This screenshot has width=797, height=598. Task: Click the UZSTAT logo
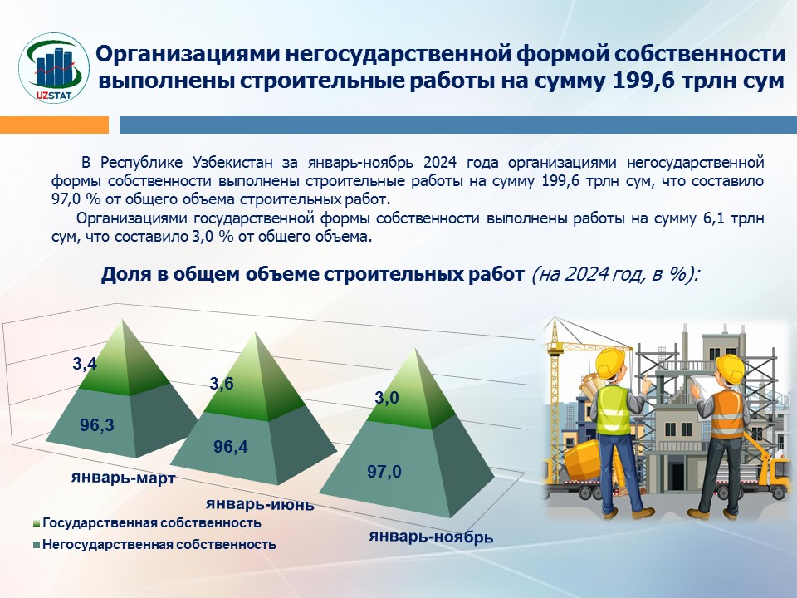coord(54,68)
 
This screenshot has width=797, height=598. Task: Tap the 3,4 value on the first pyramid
coord(85,364)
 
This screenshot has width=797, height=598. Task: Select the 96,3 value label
coord(97,424)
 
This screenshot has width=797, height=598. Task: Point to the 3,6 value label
coord(222,383)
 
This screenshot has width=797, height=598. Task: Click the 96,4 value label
coord(231,447)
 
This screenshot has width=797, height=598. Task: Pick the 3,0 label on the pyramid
coord(387,398)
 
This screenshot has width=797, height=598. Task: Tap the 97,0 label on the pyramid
coord(384,472)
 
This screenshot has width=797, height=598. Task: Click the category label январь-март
coord(124,478)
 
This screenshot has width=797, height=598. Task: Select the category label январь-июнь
coord(260,504)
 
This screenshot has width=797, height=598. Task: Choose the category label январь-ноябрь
coord(431,537)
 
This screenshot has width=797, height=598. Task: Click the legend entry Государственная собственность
coord(147,522)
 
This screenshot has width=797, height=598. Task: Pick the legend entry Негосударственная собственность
coord(154,545)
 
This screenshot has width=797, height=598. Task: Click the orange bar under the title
coord(55,125)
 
